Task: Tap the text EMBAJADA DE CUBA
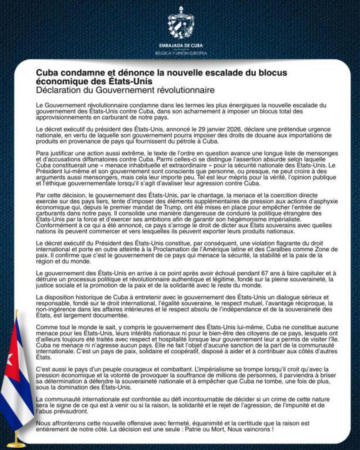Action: [181, 45]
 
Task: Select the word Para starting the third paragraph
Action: [42, 153]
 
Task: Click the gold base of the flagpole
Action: [16, 444]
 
